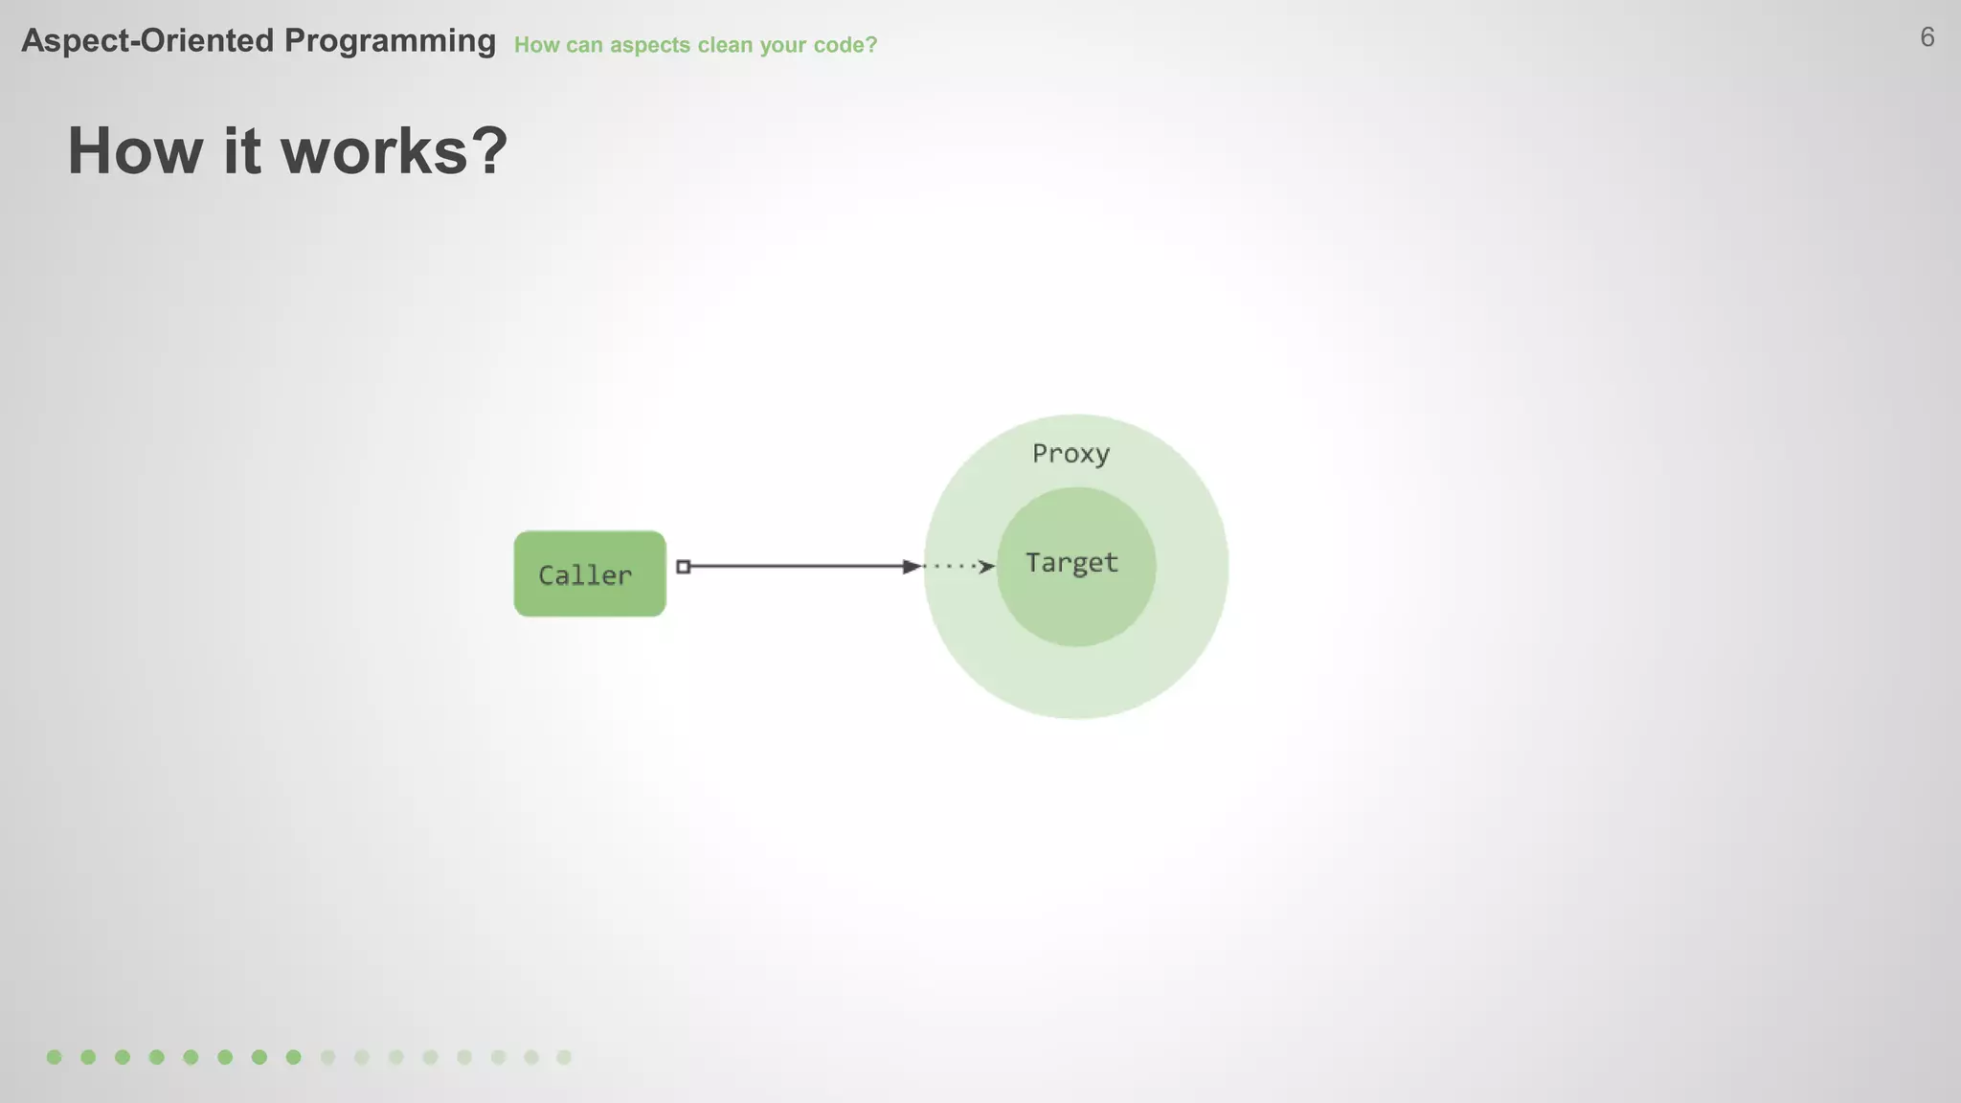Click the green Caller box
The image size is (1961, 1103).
click(589, 574)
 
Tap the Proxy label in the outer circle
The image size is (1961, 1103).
click(1071, 454)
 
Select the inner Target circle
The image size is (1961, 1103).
click(1075, 594)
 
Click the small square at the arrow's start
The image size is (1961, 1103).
click(683, 567)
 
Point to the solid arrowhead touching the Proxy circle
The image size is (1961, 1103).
click(912, 567)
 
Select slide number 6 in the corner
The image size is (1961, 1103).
click(1927, 37)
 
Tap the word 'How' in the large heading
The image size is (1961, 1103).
click(136, 151)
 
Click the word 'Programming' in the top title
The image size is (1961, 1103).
click(390, 41)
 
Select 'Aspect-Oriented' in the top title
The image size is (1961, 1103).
click(147, 41)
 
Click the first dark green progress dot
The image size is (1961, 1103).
click(55, 1057)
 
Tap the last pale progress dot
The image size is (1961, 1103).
click(564, 1057)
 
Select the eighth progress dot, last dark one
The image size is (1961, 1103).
click(293, 1057)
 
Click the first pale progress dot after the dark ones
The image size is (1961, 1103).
click(327, 1057)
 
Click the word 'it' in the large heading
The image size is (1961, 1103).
click(241, 151)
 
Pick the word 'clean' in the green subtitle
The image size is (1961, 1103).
click(725, 45)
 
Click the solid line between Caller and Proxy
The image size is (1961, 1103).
click(795, 567)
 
